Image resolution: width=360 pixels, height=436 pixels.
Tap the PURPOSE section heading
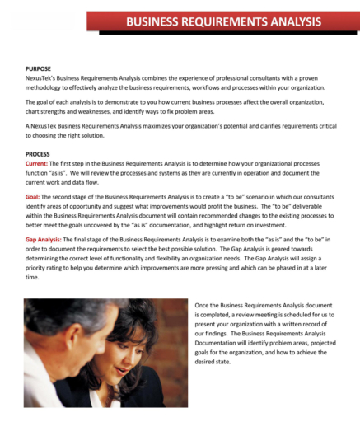pyautogui.click(x=38, y=70)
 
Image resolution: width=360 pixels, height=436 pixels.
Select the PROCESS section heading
pyautogui.click(x=38, y=154)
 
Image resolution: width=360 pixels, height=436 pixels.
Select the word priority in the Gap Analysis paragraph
pyautogui.click(x=41, y=267)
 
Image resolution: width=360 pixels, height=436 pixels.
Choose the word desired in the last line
pyautogui.click(x=211, y=362)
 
